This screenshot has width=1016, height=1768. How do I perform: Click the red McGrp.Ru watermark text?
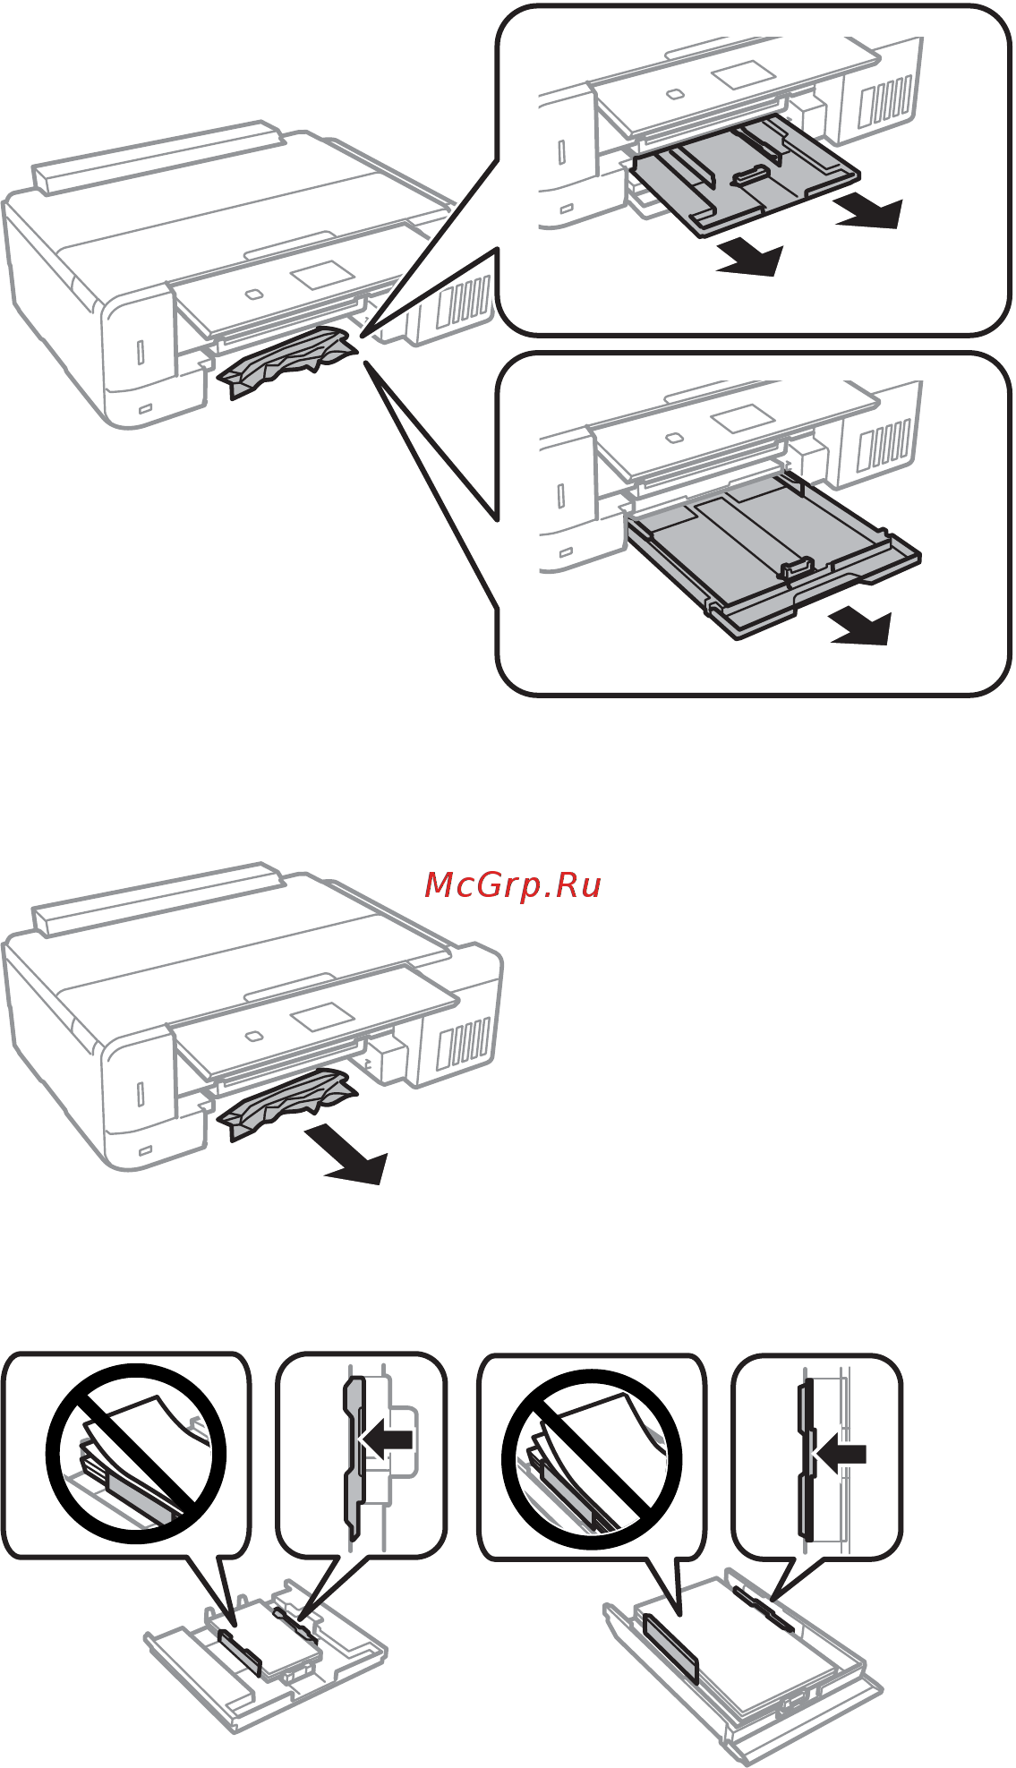[512, 885]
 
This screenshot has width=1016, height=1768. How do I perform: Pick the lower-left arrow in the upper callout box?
[752, 260]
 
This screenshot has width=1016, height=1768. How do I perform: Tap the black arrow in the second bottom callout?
[387, 1440]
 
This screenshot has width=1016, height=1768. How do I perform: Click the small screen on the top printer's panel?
[323, 274]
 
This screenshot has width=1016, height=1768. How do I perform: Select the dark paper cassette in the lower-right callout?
[770, 559]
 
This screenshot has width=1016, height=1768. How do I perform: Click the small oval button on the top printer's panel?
[253, 293]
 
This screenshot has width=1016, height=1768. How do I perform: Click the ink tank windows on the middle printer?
[464, 1044]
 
